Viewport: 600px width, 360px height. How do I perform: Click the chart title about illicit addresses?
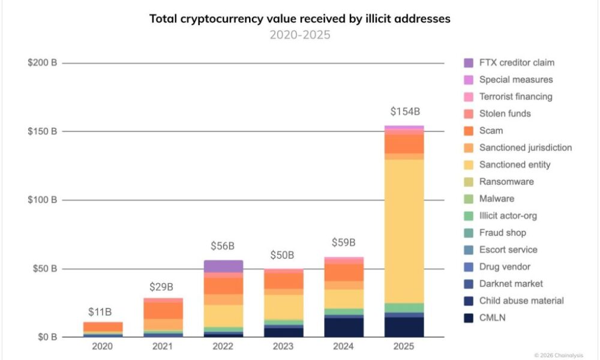pyautogui.click(x=299, y=19)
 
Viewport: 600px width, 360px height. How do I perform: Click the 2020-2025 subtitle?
pyautogui.click(x=299, y=35)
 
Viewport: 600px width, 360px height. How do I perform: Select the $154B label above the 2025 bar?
pyautogui.click(x=404, y=112)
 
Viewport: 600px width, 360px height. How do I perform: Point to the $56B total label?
pyautogui.click(x=223, y=246)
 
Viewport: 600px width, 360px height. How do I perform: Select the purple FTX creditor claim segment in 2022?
pyautogui.click(x=223, y=266)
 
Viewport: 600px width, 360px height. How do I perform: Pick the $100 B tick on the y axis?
pyautogui.click(x=42, y=200)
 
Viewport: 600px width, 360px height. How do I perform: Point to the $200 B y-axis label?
pyautogui.click(x=42, y=63)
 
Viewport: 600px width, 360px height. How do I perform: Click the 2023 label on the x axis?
pyautogui.click(x=283, y=347)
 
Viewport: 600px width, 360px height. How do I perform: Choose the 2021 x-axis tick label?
pyautogui.click(x=163, y=347)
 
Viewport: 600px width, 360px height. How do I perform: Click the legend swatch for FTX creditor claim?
pyautogui.click(x=469, y=62)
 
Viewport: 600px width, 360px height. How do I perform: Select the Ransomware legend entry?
pyautogui.click(x=506, y=181)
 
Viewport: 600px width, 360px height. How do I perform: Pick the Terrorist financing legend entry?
pyautogui.click(x=515, y=97)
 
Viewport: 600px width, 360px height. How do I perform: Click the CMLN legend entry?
pyautogui.click(x=492, y=318)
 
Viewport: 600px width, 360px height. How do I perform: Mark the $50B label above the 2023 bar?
pyautogui.click(x=283, y=256)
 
